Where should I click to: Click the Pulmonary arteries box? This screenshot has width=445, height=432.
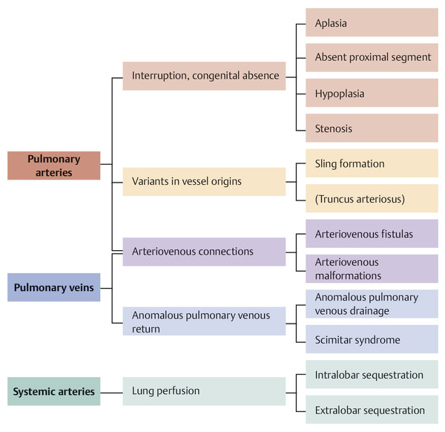click(54, 166)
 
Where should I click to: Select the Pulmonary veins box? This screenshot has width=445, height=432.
click(54, 287)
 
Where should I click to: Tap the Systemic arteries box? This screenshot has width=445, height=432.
click(54, 392)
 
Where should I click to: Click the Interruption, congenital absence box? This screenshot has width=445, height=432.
click(204, 76)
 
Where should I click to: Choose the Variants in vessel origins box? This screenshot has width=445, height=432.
click(204, 181)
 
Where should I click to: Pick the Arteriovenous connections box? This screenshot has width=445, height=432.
click(204, 252)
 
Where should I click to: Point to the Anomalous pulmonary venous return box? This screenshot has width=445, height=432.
click(204, 321)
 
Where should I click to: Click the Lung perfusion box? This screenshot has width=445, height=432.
click(204, 391)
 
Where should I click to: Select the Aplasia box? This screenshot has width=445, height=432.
click(372, 23)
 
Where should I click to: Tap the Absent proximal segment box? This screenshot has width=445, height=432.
click(372, 58)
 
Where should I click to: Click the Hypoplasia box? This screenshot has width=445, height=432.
click(372, 94)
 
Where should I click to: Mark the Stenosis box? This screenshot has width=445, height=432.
click(372, 128)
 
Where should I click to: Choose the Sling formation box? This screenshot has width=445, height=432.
click(372, 163)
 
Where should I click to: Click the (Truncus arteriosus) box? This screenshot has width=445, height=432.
click(372, 198)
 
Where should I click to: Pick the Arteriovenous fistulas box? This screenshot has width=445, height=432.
click(372, 234)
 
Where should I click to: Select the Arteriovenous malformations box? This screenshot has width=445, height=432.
click(372, 269)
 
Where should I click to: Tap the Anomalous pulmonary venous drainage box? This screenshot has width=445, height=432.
click(372, 304)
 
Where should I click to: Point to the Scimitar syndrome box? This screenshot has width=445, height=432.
click(372, 339)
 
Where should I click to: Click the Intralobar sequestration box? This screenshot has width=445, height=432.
click(372, 375)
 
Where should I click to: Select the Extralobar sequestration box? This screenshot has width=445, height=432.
click(372, 410)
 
